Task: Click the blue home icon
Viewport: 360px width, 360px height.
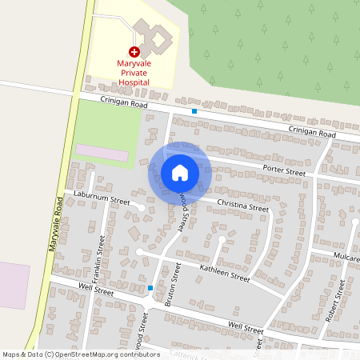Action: click(180, 173)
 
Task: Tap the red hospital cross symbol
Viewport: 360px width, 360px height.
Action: click(134, 50)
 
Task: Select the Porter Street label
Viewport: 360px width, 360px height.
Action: click(284, 171)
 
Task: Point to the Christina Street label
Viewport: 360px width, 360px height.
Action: click(243, 206)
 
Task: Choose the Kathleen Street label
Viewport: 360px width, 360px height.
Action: click(225, 273)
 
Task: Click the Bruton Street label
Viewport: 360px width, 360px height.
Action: click(170, 288)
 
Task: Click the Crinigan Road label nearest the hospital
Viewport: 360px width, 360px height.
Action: click(125, 102)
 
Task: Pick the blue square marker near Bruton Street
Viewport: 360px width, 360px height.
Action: click(150, 288)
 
